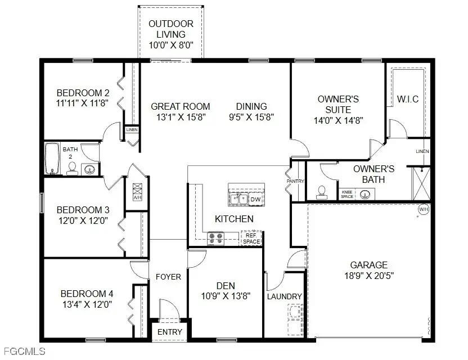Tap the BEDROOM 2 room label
click(83, 93)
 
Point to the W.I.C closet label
click(408, 100)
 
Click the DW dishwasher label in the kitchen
click(255, 199)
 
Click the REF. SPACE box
click(251, 238)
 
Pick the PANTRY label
click(295, 181)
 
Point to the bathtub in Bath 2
click(52, 159)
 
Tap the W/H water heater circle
click(424, 210)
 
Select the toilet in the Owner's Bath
click(321, 192)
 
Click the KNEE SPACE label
click(348, 193)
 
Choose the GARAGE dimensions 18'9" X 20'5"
click(369, 276)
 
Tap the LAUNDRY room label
click(285, 296)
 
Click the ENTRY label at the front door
click(169, 332)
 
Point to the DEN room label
click(226, 285)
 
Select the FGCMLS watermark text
click(23, 353)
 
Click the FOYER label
click(169, 277)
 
